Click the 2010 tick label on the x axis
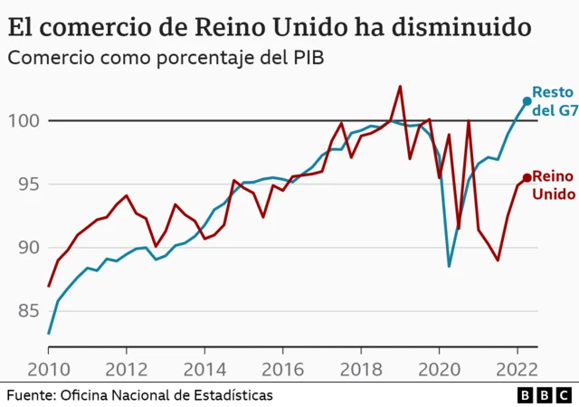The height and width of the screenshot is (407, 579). tap(48, 369)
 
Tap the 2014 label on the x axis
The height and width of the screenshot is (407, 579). tap(204, 369)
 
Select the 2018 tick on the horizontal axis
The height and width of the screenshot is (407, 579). tap(361, 369)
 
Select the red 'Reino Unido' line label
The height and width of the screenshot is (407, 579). tap(552, 185)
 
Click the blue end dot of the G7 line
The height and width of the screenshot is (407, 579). tap(527, 101)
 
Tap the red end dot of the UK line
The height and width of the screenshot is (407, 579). tap(527, 177)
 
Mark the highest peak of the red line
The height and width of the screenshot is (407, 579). tap(400, 87)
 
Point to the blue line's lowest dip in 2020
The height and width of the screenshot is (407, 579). tap(449, 266)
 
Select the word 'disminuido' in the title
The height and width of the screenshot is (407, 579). tap(457, 25)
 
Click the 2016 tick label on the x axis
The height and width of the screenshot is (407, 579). tap(282, 369)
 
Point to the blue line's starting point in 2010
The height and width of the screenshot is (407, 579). tap(49, 334)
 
